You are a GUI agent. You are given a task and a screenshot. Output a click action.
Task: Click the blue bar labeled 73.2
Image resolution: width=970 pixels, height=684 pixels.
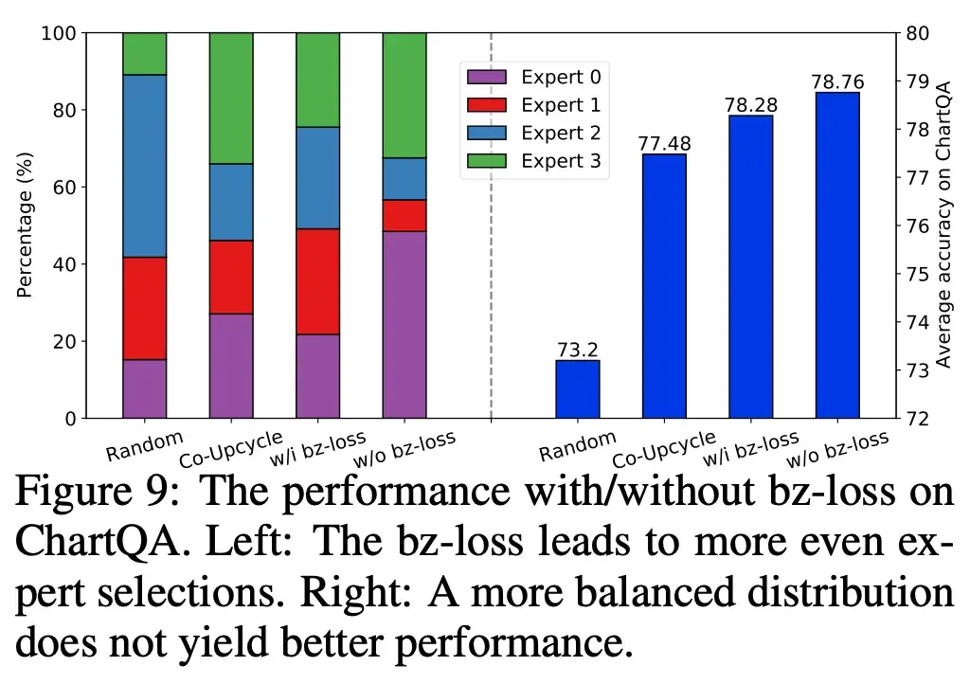(577, 389)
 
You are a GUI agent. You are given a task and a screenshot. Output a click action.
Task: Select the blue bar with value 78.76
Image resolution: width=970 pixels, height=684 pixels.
(837, 255)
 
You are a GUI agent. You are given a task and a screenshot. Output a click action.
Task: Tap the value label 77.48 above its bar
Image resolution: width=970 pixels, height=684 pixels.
(664, 144)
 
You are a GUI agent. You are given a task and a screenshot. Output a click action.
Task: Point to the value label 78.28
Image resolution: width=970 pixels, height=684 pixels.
(750, 105)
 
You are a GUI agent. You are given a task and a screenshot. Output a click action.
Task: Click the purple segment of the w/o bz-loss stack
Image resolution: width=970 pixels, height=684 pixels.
(404, 324)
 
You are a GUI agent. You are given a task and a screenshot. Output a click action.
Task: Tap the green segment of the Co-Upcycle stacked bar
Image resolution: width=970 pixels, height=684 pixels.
(231, 99)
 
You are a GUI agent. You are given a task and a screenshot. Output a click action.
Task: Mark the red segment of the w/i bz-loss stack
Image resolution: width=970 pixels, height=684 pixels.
(318, 281)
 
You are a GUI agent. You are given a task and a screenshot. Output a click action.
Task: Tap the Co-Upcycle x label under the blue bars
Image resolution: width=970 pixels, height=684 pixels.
(662, 449)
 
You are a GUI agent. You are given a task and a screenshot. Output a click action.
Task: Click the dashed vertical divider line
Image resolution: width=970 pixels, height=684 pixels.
(491, 284)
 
